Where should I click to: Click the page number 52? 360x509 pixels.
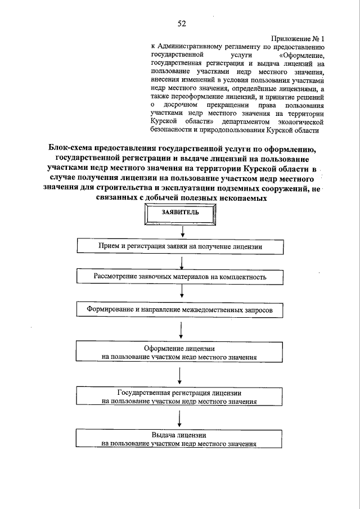(x=182, y=23)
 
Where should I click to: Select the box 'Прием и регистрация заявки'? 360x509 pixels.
(x=179, y=246)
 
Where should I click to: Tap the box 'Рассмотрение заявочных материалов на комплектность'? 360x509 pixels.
(x=179, y=277)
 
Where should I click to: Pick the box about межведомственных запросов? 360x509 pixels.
(x=179, y=309)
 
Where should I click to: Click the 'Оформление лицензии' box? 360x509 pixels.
(x=179, y=352)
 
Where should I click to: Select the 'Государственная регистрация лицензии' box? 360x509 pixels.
(x=179, y=397)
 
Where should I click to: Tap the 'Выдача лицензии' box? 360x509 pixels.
(x=179, y=439)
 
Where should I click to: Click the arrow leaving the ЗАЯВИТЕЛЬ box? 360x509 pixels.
(x=182, y=231)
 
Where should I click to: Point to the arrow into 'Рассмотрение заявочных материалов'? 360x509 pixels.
(x=182, y=262)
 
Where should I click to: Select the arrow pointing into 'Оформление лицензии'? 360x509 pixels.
(x=180, y=330)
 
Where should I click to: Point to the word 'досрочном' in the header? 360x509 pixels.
(x=179, y=105)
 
